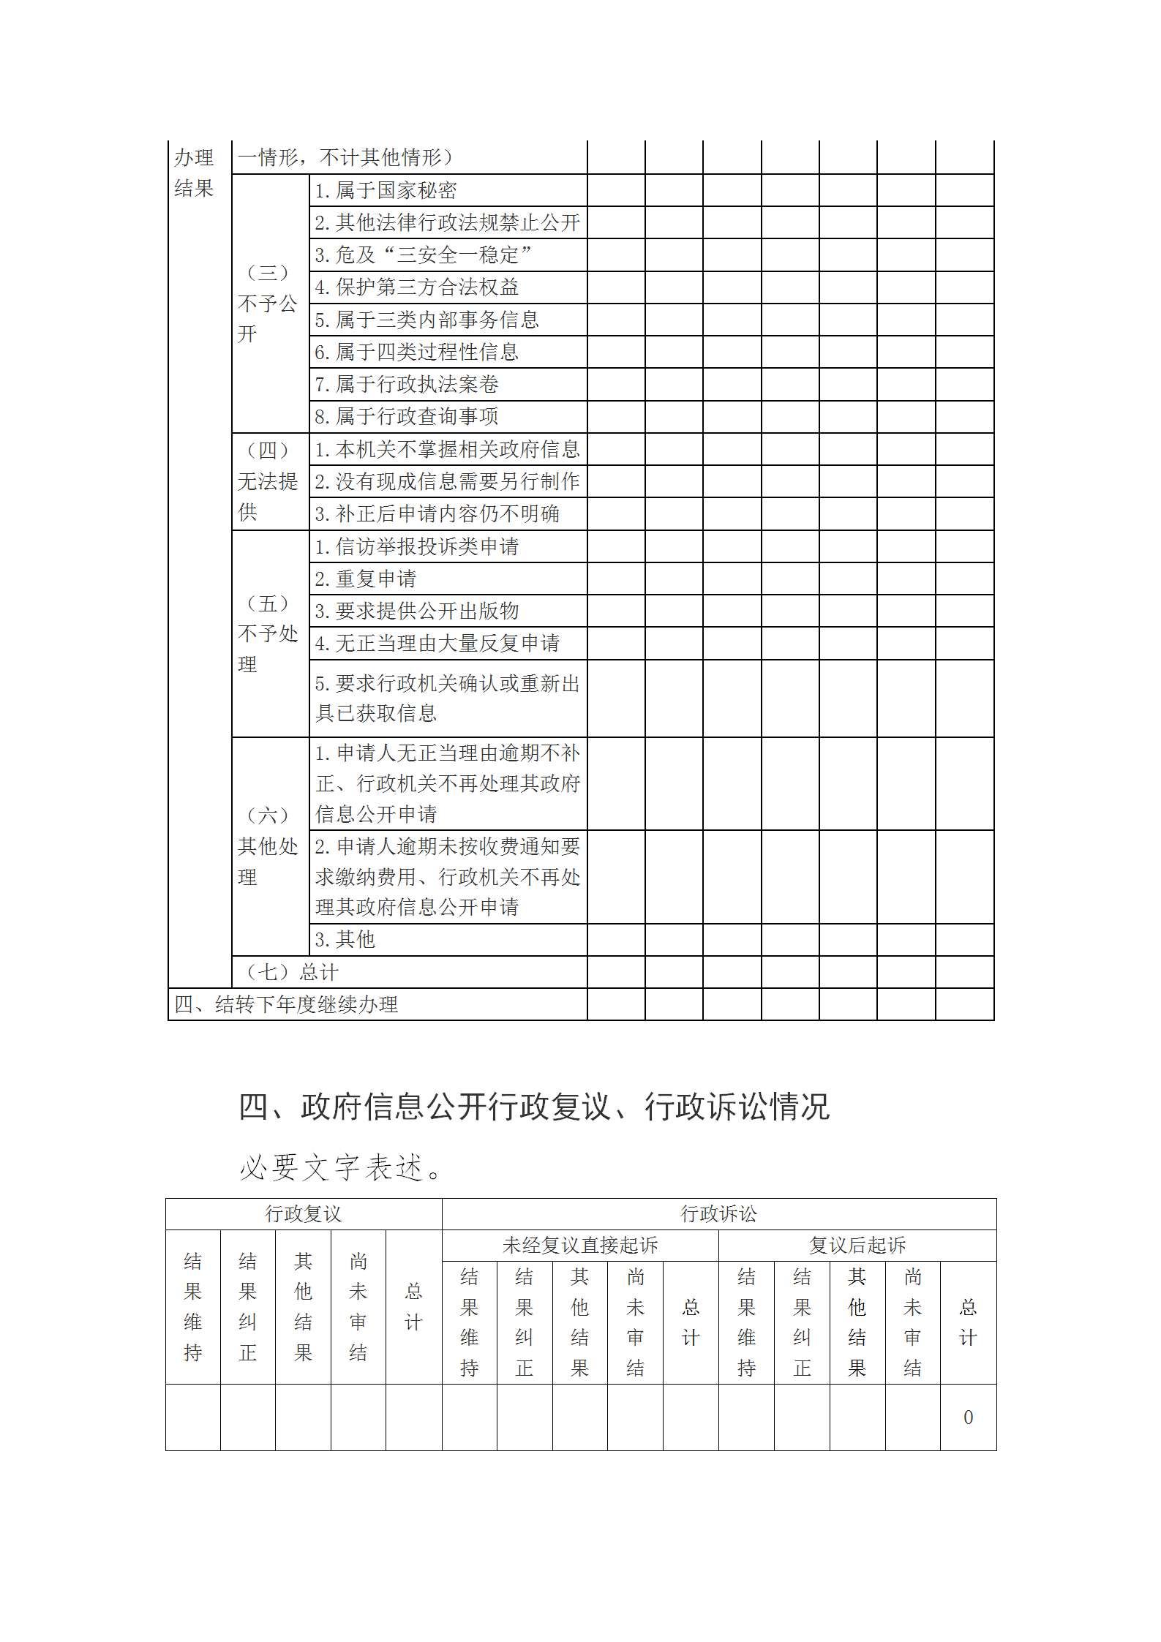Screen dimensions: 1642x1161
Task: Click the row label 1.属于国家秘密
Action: click(x=386, y=191)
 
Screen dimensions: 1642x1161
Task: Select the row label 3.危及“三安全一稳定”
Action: click(x=423, y=255)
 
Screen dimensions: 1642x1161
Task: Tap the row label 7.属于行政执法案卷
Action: click(x=407, y=384)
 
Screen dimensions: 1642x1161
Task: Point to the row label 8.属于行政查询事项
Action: click(x=407, y=416)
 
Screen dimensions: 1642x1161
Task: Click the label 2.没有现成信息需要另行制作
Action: click(x=447, y=481)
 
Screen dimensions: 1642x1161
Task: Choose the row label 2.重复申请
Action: click(x=365, y=579)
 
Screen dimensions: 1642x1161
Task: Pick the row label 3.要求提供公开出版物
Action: click(x=416, y=611)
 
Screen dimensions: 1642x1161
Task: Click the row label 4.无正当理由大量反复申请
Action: click(x=437, y=644)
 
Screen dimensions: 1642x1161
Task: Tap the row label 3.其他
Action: click(x=345, y=939)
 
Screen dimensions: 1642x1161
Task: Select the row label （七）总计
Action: click(x=292, y=972)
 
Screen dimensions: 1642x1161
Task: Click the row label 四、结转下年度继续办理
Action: click(x=286, y=1004)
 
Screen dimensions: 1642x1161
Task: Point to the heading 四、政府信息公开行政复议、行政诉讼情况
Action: click(x=534, y=1107)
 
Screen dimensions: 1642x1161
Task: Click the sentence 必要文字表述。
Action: click(x=340, y=1167)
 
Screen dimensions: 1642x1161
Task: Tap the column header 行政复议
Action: click(x=303, y=1214)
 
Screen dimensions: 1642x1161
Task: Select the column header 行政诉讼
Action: click(x=718, y=1214)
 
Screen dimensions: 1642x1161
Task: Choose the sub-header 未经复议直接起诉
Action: click(x=579, y=1245)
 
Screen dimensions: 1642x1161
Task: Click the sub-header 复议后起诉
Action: click(x=857, y=1245)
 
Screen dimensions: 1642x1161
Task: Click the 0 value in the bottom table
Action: click(x=968, y=1417)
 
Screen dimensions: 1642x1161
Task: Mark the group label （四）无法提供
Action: click(x=268, y=481)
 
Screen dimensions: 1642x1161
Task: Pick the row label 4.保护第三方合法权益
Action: click(x=416, y=287)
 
